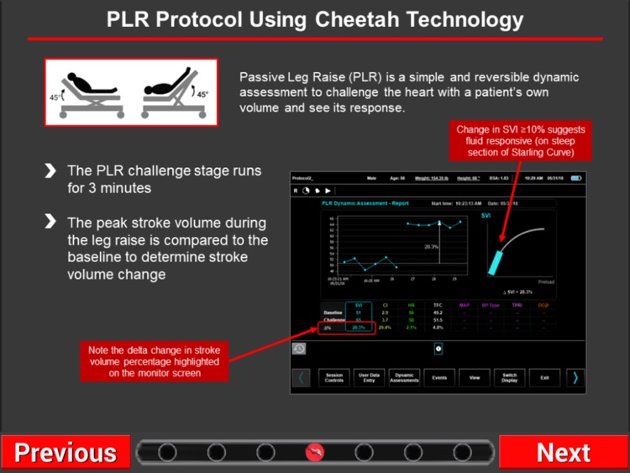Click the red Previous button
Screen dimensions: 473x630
click(x=66, y=453)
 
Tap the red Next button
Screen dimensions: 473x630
click(x=564, y=453)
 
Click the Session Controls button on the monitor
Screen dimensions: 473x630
click(x=334, y=377)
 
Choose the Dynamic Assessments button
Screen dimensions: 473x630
click(x=405, y=377)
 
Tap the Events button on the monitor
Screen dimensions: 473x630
click(x=439, y=377)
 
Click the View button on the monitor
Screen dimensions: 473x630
click(x=475, y=377)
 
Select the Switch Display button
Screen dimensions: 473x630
click(x=509, y=377)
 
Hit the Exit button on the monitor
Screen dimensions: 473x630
click(x=544, y=377)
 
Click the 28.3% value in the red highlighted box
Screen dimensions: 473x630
click(x=359, y=328)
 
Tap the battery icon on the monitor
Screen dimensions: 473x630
click(x=576, y=179)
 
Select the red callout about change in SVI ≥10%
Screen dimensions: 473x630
click(x=519, y=140)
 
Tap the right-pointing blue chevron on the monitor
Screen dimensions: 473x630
click(x=575, y=377)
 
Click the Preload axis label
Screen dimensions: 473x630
click(x=546, y=282)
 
